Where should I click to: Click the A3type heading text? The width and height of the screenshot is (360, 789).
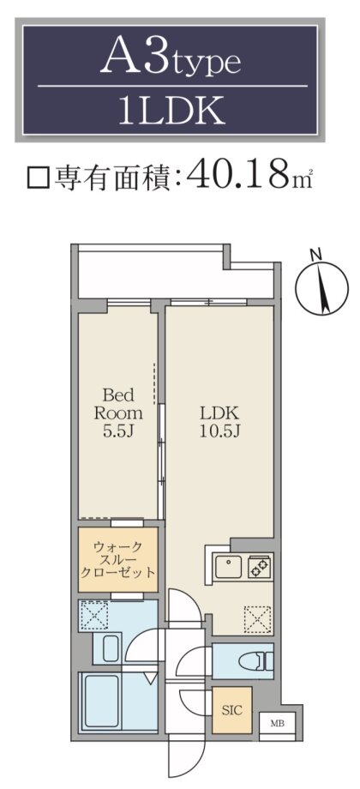171,58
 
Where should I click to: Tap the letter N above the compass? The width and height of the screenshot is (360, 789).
316,255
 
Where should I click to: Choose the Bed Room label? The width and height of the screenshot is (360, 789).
119,404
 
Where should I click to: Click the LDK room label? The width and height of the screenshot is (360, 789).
219,413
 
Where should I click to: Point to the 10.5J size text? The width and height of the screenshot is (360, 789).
219,431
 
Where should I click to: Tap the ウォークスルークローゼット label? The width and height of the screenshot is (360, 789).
118,559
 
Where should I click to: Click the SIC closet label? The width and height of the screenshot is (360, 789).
231,710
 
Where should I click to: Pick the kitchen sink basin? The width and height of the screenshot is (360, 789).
229,567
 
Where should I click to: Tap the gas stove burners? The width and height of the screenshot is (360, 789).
260,567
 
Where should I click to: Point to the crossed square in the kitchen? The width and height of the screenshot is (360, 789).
257,619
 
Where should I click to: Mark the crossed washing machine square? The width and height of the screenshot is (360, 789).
95,614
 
